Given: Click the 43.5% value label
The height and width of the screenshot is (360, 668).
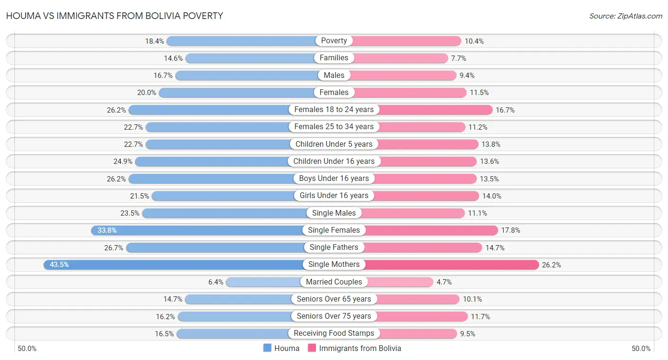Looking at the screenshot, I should pyautogui.click(x=59, y=265).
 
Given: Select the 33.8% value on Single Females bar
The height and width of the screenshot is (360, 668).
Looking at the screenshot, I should pyautogui.click(x=107, y=230).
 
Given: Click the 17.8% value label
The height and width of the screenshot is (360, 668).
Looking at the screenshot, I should pyautogui.click(x=511, y=230).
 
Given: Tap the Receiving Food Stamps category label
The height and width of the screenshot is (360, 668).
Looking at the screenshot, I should pyautogui.click(x=334, y=333).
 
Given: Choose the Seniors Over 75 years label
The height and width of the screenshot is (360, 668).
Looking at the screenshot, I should pyautogui.click(x=334, y=316).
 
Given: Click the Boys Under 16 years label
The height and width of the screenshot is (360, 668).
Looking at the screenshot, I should pyautogui.click(x=334, y=179).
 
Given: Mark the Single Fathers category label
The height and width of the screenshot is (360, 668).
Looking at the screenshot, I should pyautogui.click(x=334, y=247).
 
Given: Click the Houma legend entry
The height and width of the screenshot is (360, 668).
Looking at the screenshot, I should pyautogui.click(x=281, y=348).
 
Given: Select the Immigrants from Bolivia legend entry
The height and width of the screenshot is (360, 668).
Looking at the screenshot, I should pyautogui.click(x=354, y=348).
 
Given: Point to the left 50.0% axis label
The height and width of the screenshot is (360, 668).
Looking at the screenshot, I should pyautogui.click(x=27, y=349).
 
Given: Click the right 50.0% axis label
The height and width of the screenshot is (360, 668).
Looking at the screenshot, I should pyautogui.click(x=641, y=349).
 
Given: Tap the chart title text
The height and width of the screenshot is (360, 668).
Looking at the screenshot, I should pyautogui.click(x=115, y=16).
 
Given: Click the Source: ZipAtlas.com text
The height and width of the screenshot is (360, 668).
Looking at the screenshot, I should pyautogui.click(x=626, y=16).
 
